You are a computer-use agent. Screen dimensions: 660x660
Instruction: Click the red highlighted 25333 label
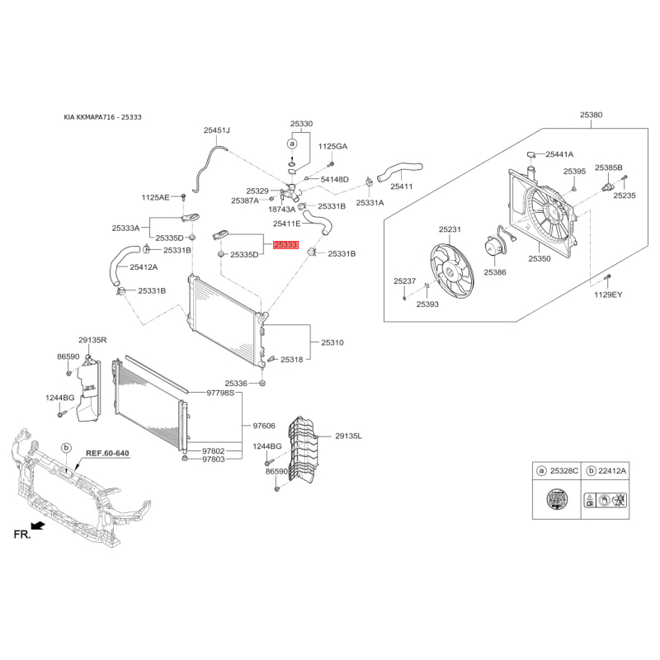(285, 244)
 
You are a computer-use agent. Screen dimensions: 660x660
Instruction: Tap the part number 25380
(591, 115)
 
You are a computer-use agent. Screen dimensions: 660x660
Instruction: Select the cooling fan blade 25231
(451, 272)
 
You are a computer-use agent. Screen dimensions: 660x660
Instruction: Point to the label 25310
(332, 342)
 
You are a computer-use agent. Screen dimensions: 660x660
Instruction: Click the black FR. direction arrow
(38, 526)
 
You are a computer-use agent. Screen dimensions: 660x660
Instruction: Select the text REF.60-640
(107, 453)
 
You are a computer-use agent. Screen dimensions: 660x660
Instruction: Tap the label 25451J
(217, 130)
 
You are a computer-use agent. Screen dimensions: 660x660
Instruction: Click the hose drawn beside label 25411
(400, 172)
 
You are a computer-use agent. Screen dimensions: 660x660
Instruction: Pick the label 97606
(264, 426)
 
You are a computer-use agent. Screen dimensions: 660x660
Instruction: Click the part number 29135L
(348, 436)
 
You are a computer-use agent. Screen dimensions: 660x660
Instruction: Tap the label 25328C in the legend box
(564, 470)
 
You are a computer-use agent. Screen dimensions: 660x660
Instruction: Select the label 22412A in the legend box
(612, 470)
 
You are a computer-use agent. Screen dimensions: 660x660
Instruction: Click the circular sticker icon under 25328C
(557, 500)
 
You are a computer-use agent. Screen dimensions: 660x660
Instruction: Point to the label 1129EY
(608, 295)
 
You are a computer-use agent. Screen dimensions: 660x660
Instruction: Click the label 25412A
(144, 266)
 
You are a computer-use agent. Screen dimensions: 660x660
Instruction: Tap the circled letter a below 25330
(292, 144)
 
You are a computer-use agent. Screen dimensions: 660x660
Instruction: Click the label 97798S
(220, 393)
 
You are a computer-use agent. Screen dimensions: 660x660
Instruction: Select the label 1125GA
(332, 147)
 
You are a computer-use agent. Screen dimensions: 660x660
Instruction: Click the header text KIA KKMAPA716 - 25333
(102, 117)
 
